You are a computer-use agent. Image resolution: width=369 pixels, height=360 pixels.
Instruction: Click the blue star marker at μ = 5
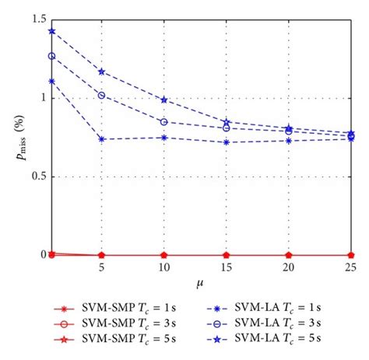pyautogui.click(x=101, y=72)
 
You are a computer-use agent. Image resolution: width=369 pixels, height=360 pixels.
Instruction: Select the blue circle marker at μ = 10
pyautogui.click(x=163, y=122)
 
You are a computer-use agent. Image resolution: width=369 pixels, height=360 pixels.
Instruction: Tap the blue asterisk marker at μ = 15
pyautogui.click(x=226, y=142)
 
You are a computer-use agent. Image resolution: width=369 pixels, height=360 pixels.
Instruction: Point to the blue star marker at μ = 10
pyautogui.click(x=163, y=100)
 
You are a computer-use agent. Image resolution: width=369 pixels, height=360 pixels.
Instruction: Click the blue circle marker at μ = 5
pyautogui.click(x=101, y=95)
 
